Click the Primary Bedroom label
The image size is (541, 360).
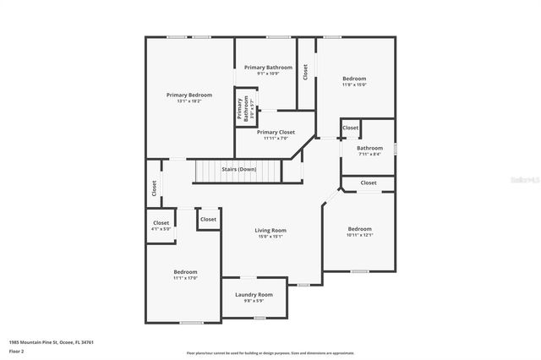click(189, 95)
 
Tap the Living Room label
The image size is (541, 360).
click(271, 230)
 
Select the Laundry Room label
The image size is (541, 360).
click(254, 294)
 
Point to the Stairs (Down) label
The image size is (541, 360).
click(239, 169)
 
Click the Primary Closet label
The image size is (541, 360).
click(276, 132)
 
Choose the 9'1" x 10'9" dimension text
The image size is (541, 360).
click(268, 74)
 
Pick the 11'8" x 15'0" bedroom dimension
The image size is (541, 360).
click(354, 85)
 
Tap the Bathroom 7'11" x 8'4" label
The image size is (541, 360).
click(369, 149)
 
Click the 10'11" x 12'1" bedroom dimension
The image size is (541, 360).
click(359, 235)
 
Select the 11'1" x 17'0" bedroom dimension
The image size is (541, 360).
click(185, 278)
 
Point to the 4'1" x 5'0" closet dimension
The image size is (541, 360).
click(161, 229)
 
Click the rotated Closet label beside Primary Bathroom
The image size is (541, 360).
click(305, 72)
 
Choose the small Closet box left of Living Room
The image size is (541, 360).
click(208, 219)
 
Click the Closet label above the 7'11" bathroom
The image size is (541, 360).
click(351, 128)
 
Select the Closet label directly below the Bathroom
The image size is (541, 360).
click(369, 183)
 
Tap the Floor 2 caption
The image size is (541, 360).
click(17, 351)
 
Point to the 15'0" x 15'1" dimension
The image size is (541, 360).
click(271, 236)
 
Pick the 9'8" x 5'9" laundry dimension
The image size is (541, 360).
click(254, 300)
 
